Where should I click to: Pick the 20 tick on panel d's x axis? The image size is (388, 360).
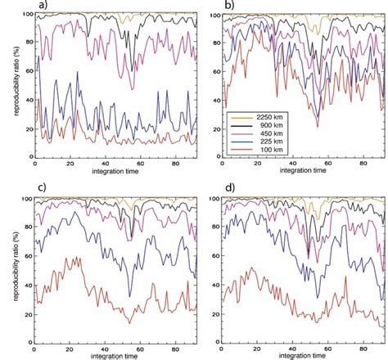[x=258, y=346]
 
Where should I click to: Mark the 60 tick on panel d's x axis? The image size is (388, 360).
[x=330, y=346]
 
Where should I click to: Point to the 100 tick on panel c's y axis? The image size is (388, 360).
[x=24, y=199]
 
